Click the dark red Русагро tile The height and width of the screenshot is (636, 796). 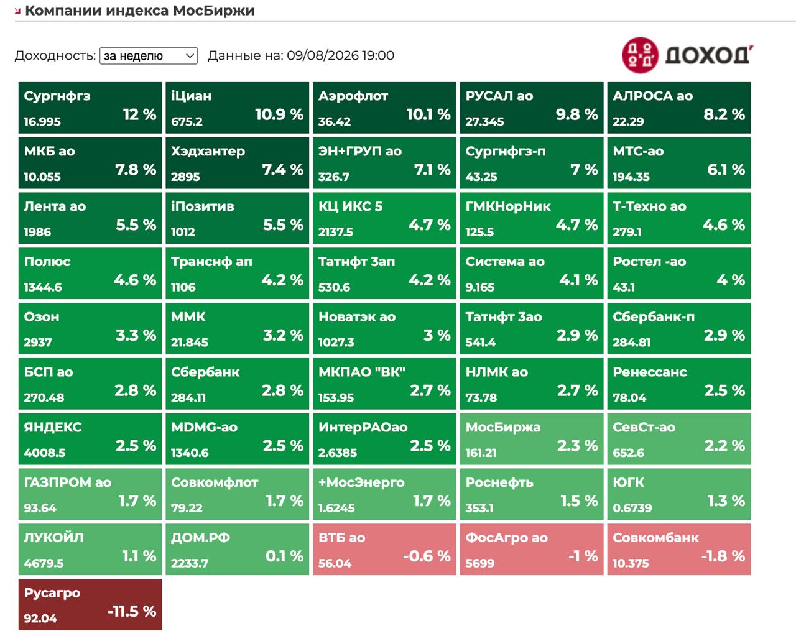[90, 604]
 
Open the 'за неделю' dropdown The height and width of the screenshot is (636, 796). [149, 56]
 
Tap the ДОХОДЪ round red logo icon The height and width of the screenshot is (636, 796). [640, 55]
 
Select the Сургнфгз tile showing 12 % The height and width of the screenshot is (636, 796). [90, 108]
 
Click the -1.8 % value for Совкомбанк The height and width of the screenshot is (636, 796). [723, 556]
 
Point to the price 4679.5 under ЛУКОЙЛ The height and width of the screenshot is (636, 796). [44, 563]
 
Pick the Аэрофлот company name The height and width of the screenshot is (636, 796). [353, 96]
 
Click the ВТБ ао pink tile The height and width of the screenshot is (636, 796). [385, 549]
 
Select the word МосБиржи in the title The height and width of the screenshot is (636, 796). [214, 11]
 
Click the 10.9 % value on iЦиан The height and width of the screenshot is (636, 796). [279, 114]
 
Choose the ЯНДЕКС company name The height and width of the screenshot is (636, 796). [53, 427]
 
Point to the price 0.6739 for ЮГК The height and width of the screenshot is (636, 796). [632, 508]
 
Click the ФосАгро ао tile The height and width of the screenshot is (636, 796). [532, 549]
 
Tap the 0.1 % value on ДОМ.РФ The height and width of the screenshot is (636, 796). [284, 556]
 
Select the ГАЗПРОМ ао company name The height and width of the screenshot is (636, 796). [68, 482]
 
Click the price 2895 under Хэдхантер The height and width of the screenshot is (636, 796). [185, 177]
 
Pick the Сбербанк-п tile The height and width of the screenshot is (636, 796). [679, 328]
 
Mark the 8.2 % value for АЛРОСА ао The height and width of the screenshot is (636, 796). [724, 114]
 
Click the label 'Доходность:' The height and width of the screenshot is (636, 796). [55, 56]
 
